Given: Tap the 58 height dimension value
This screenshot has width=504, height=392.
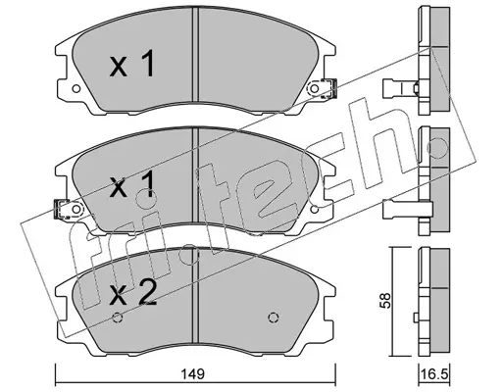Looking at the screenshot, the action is pyautogui.click(x=386, y=301).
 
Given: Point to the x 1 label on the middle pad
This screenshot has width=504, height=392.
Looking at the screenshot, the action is pyautogui.click(x=131, y=185).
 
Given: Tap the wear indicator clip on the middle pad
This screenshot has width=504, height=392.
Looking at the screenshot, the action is pyautogui.click(x=61, y=209).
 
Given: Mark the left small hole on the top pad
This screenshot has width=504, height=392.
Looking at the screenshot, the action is pyautogui.click(x=76, y=88).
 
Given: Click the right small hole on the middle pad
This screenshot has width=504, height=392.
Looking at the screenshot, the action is pyautogui.click(x=315, y=209).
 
